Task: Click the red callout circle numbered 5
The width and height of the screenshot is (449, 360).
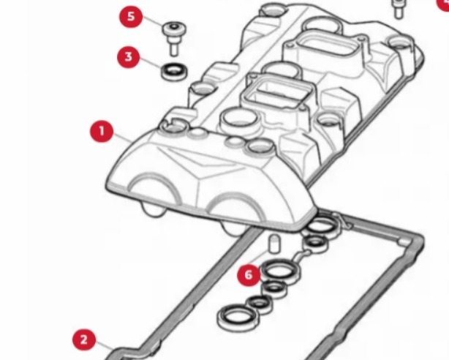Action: pyautogui.click(x=131, y=16)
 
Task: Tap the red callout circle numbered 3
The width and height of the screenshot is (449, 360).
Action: pyautogui.click(x=129, y=57)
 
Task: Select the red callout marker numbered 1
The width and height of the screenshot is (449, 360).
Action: pyautogui.click(x=102, y=131)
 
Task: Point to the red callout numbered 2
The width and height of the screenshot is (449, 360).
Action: pyautogui.click(x=84, y=340)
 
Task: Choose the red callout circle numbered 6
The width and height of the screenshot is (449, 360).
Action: pyautogui.click(x=249, y=275)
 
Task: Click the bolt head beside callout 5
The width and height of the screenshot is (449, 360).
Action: pyautogui.click(x=174, y=29)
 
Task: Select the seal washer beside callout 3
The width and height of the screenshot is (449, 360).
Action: pyautogui.click(x=174, y=71)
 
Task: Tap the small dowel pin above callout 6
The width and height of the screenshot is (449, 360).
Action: pyautogui.click(x=274, y=244)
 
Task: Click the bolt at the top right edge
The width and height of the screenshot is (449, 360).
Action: pyautogui.click(x=399, y=10)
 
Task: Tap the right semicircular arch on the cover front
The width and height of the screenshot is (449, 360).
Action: pyautogui.click(x=235, y=195)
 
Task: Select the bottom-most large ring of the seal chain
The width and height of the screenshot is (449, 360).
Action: pyautogui.click(x=238, y=318)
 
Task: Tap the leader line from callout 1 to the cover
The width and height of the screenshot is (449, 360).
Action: pyautogui.click(x=123, y=137)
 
